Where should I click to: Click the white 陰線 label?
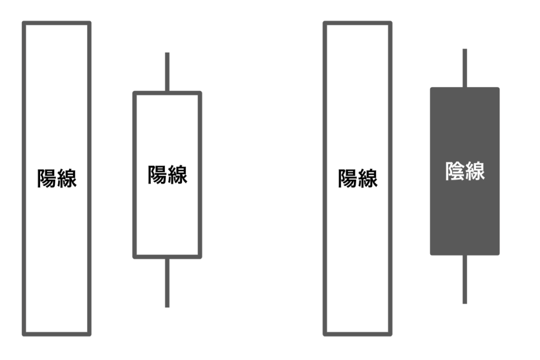(x=465, y=171)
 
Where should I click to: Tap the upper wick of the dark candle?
(x=465, y=68)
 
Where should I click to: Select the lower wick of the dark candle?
(x=465, y=279)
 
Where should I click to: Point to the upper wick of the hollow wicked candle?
(x=167, y=72)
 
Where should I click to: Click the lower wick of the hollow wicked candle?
(x=167, y=283)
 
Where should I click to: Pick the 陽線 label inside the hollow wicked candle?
(x=167, y=175)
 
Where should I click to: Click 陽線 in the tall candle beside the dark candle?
(x=358, y=178)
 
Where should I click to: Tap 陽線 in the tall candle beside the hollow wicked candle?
(x=57, y=178)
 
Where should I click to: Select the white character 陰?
(x=455, y=171)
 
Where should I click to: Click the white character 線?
(x=475, y=171)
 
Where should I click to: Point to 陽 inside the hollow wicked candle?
(x=157, y=175)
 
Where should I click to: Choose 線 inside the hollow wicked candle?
(x=178, y=175)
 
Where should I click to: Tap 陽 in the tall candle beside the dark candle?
(x=348, y=178)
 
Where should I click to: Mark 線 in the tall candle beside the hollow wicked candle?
(x=67, y=178)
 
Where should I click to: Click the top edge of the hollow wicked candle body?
(x=167, y=93)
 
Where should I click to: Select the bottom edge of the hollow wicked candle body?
(x=167, y=256)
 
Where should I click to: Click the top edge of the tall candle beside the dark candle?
(x=358, y=23)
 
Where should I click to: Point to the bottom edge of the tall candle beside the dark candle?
(x=358, y=334)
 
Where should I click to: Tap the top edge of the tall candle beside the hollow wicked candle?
(x=56, y=23)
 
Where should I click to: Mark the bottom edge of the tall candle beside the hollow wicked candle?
(x=56, y=334)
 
